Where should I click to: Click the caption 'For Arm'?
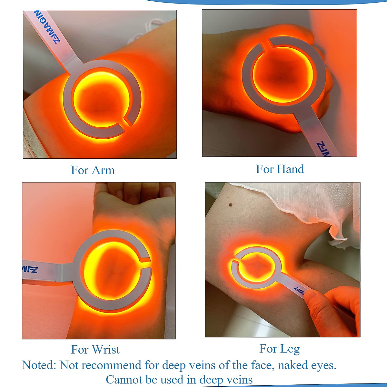click(93, 170)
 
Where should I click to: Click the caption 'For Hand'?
click(280, 169)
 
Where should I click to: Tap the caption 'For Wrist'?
click(95, 349)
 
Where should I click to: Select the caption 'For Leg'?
click(279, 348)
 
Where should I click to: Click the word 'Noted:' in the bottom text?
click(39, 365)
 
